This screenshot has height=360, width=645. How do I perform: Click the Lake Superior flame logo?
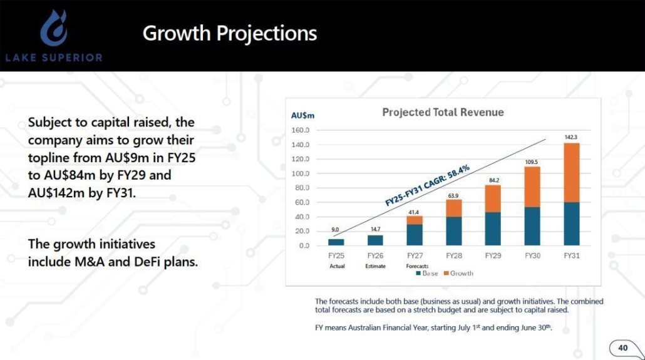tap(54, 28)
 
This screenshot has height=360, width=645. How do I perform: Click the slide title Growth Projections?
tap(229, 33)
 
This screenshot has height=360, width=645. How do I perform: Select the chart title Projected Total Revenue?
tap(443, 113)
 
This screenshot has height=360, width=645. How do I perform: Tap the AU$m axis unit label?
tap(303, 115)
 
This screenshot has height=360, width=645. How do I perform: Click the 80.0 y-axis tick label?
tap(302, 188)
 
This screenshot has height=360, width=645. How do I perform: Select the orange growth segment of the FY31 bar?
tap(571, 173)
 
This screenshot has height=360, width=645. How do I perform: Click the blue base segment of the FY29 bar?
tap(493, 229)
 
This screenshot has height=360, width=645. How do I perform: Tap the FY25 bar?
tap(336, 242)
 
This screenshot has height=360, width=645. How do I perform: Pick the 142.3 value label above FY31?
tap(570, 136)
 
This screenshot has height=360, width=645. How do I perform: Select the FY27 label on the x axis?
tap(415, 256)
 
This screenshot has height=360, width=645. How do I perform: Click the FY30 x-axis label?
tap(532, 256)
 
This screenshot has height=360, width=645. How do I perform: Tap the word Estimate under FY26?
tap(376, 266)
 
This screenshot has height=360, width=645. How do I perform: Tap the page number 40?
tap(622, 347)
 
